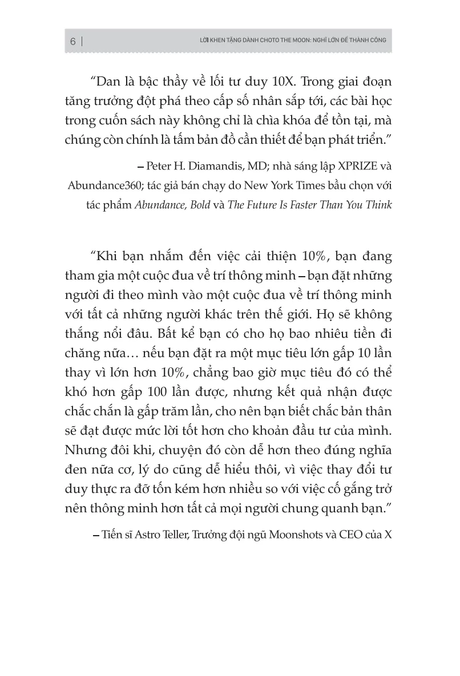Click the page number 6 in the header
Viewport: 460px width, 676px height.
tap(72, 42)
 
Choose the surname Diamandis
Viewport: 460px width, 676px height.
tap(212, 167)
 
